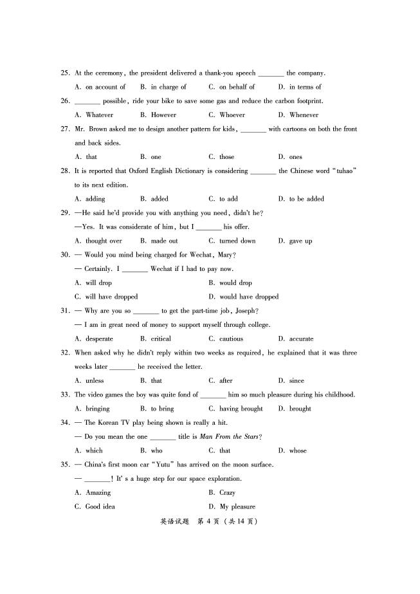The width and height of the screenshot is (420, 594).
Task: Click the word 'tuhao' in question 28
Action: point(343,171)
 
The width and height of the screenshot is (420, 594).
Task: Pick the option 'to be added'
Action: point(306,199)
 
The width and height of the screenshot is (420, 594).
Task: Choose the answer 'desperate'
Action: point(99,339)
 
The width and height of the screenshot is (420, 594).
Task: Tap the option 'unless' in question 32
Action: point(95,380)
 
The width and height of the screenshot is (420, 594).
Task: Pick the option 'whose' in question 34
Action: point(298,450)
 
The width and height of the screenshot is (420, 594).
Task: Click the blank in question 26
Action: point(87,102)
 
